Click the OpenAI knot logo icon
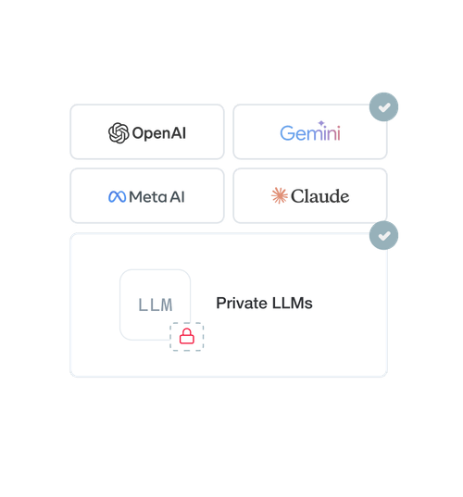pyautogui.click(x=119, y=132)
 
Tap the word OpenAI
pyautogui.click(x=159, y=133)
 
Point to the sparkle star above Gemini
pyautogui.click(x=321, y=123)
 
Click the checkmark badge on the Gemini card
pyautogui.click(x=383, y=106)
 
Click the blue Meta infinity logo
pyautogui.click(x=117, y=197)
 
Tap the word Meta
pyautogui.click(x=148, y=197)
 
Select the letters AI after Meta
pyautogui.click(x=177, y=197)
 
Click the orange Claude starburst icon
pyautogui.click(x=280, y=195)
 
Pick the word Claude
pyautogui.click(x=320, y=196)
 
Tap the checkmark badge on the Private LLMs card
pyautogui.click(x=383, y=235)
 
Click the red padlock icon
pyautogui.click(x=187, y=336)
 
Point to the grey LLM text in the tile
pyautogui.click(x=156, y=304)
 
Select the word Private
pyautogui.click(x=242, y=303)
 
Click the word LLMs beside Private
pyautogui.click(x=292, y=303)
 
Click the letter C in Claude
pyautogui.click(x=298, y=196)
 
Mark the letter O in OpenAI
pyautogui.click(x=139, y=133)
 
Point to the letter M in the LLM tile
pyautogui.click(x=167, y=304)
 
